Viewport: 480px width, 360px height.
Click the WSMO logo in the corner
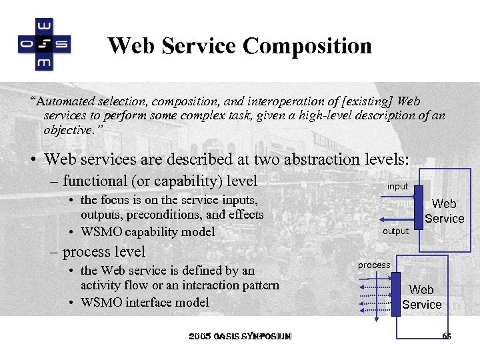(44, 44)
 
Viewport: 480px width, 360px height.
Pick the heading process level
(103, 251)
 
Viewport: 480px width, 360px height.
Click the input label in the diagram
(397, 187)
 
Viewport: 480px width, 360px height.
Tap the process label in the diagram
(374, 265)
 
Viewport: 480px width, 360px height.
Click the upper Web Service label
(445, 211)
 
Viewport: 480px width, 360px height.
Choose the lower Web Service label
(421, 297)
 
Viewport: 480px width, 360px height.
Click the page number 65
(447, 336)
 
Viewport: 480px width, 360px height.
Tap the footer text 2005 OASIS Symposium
(240, 336)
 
